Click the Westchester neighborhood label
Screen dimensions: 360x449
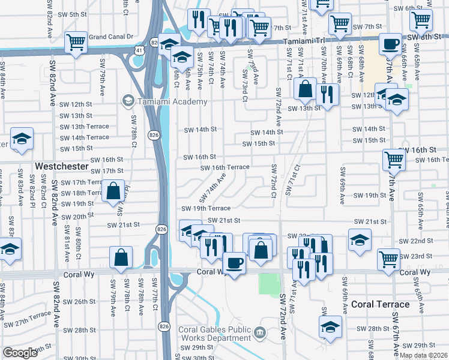pyautogui.click(x=62, y=166)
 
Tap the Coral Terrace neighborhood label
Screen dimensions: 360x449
pyautogui.click(x=380, y=304)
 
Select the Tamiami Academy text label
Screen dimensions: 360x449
pyautogui.click(x=172, y=101)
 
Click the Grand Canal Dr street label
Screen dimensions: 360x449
pyautogui.click(x=110, y=37)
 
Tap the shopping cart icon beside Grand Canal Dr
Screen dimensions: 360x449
pyautogui.click(x=76, y=43)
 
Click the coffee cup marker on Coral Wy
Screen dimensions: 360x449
pyautogui.click(x=234, y=263)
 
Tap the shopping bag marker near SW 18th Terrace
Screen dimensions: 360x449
pyautogui.click(x=113, y=191)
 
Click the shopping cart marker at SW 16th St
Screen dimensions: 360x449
pyautogui.click(x=394, y=160)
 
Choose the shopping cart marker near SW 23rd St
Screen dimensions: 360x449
pyautogui.click(x=388, y=259)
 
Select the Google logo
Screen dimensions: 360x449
pyautogui.click(x=20, y=353)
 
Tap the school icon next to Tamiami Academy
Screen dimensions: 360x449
pyautogui.click(x=127, y=100)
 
